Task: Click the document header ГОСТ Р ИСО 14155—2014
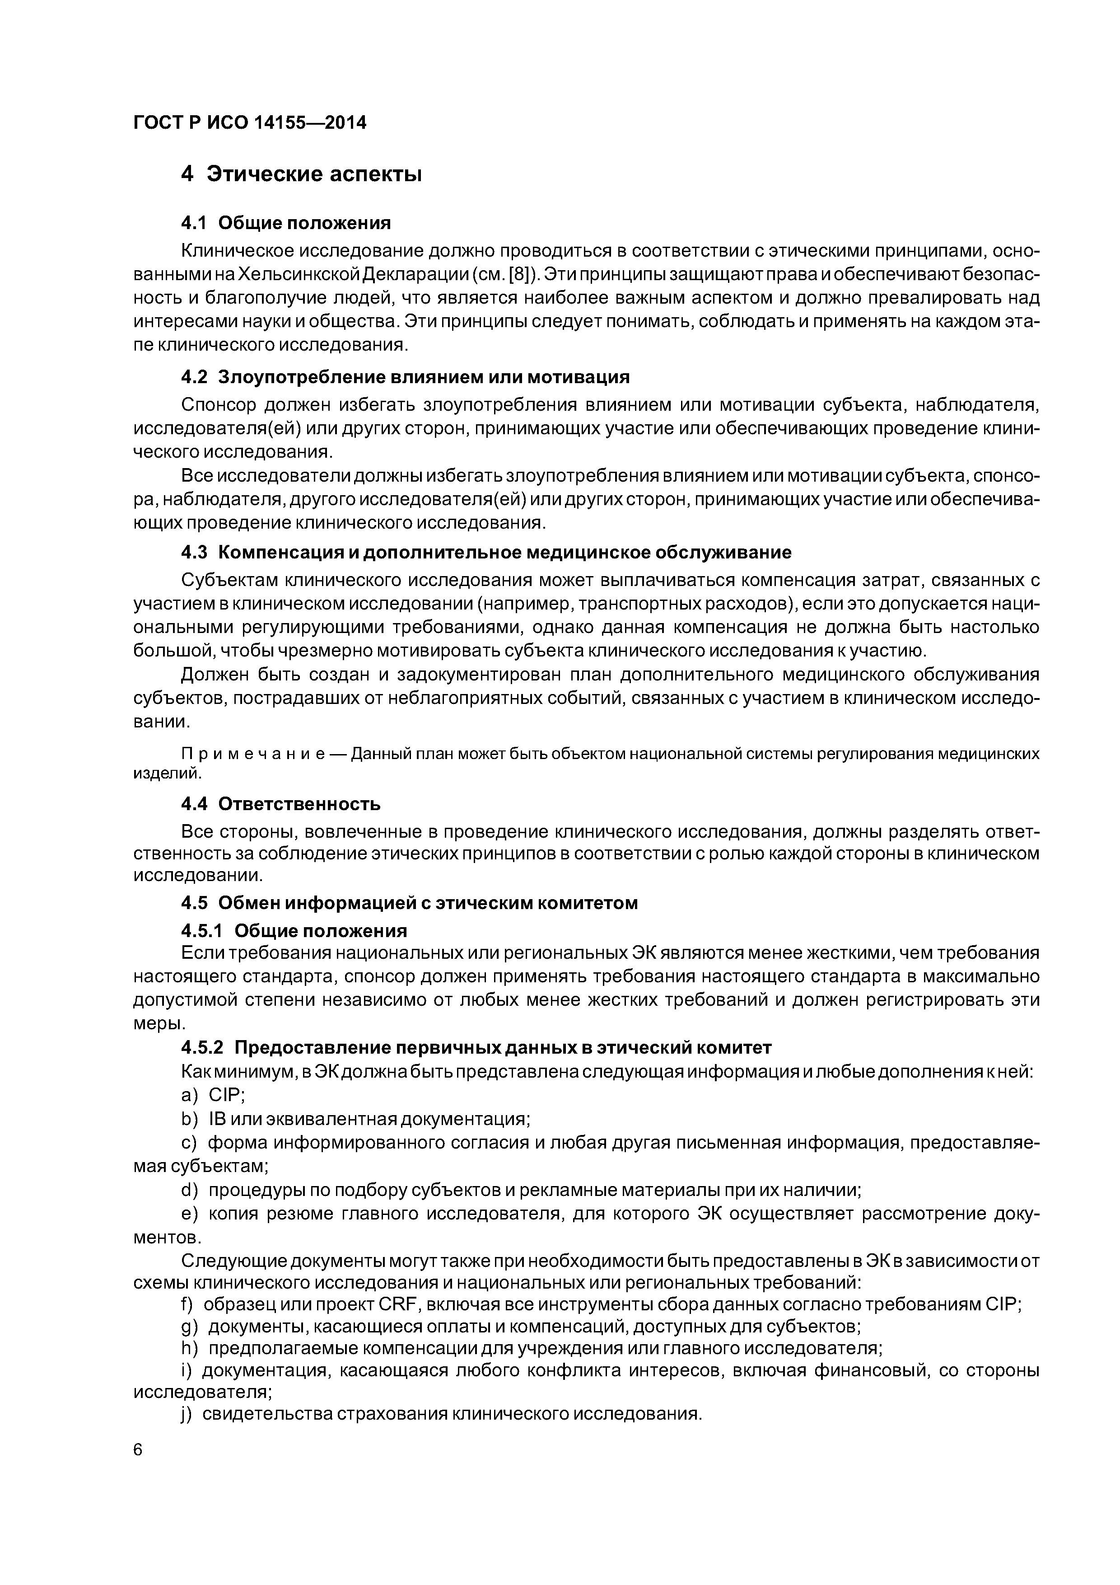point(249,123)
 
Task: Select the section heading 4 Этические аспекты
point(301,174)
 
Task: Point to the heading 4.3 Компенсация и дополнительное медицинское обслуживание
point(486,552)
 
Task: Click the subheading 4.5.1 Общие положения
point(294,931)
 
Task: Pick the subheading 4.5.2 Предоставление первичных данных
point(476,1048)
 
